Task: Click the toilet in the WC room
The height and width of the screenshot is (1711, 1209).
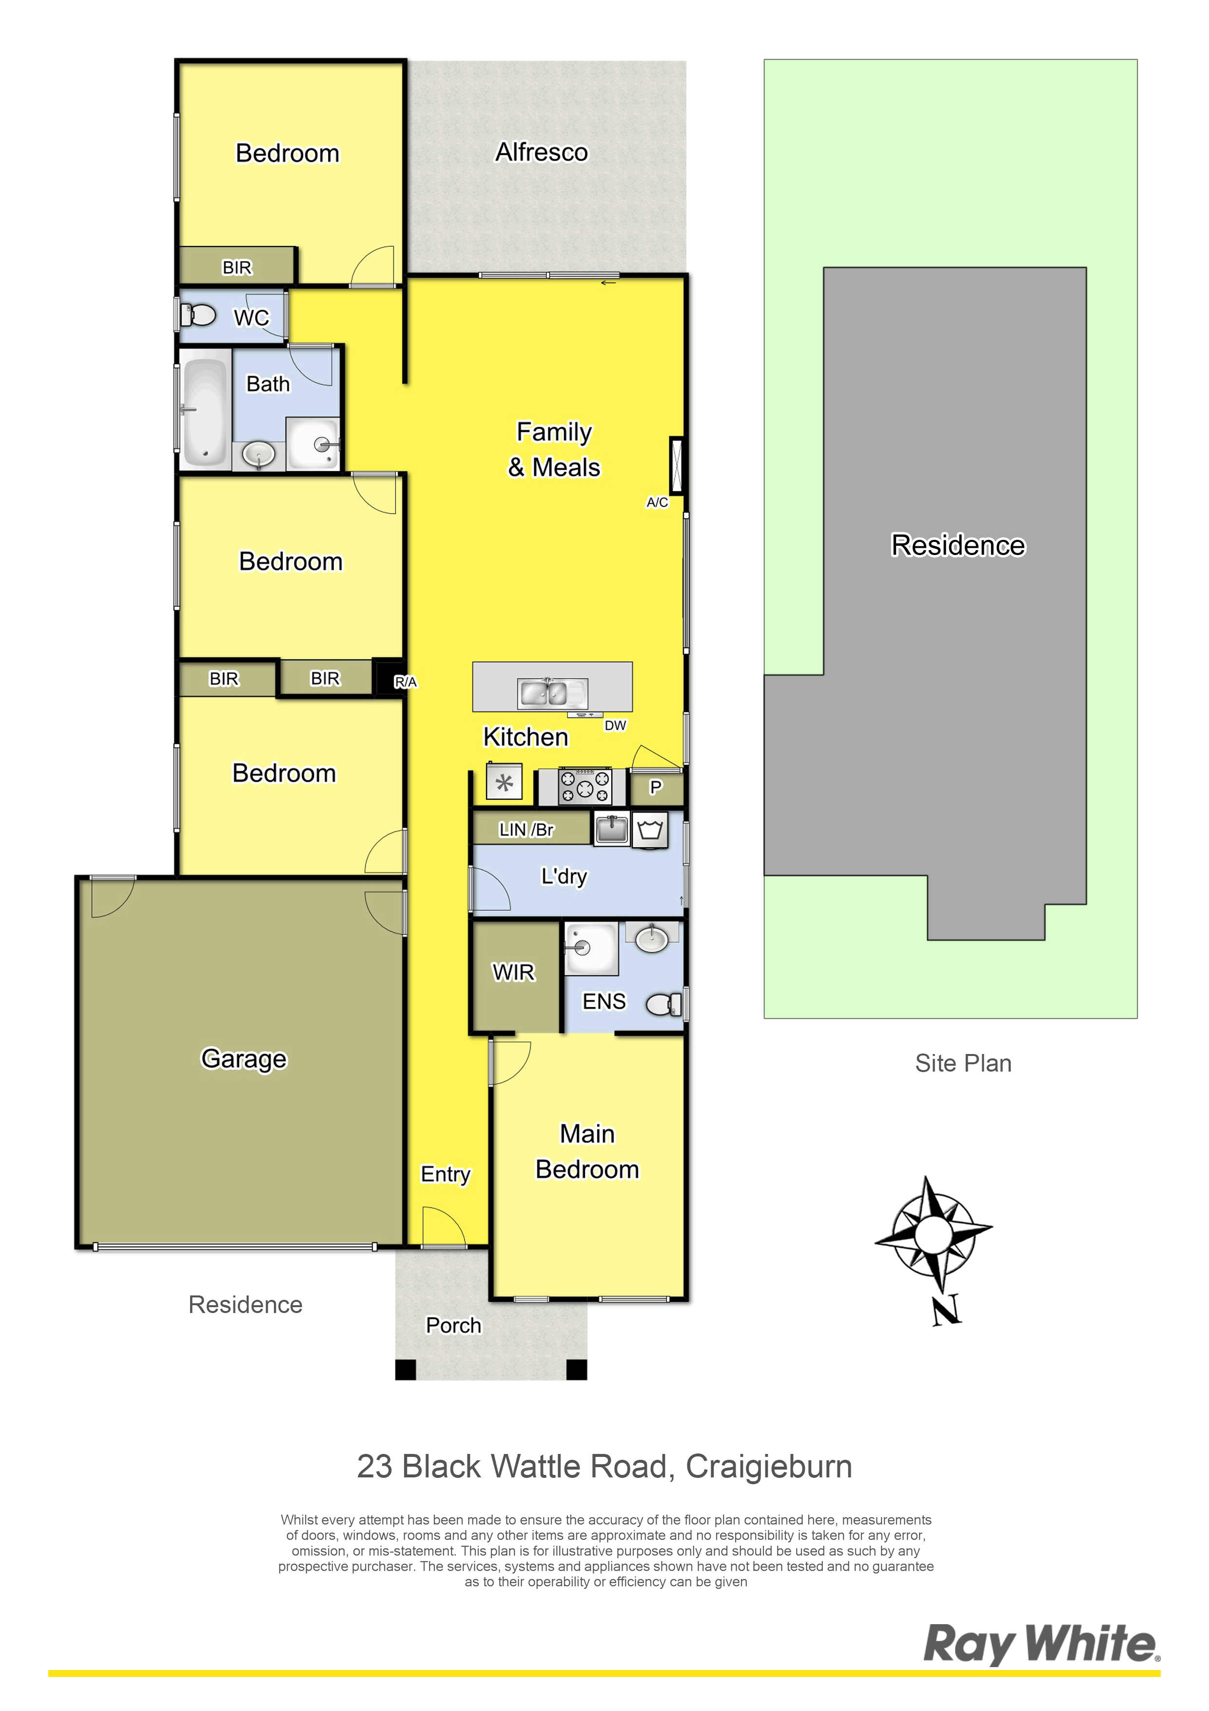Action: click(x=197, y=315)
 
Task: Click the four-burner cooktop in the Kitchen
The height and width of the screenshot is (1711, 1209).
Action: click(x=585, y=786)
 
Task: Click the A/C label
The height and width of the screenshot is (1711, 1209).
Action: click(x=657, y=502)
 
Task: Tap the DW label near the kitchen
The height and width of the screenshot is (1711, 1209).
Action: click(x=615, y=725)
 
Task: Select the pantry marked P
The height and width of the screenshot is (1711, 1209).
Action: click(x=656, y=788)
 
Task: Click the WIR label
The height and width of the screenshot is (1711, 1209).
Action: click(x=514, y=972)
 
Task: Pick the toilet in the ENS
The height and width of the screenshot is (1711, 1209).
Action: click(x=663, y=1004)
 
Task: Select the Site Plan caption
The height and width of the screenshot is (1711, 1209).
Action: click(x=963, y=1063)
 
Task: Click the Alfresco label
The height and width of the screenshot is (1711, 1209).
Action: click(x=542, y=152)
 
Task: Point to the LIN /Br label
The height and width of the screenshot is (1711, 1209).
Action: click(x=526, y=830)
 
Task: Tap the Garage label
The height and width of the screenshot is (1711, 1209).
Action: click(x=244, y=1059)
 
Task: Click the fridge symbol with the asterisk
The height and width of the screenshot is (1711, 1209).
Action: click(x=504, y=782)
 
